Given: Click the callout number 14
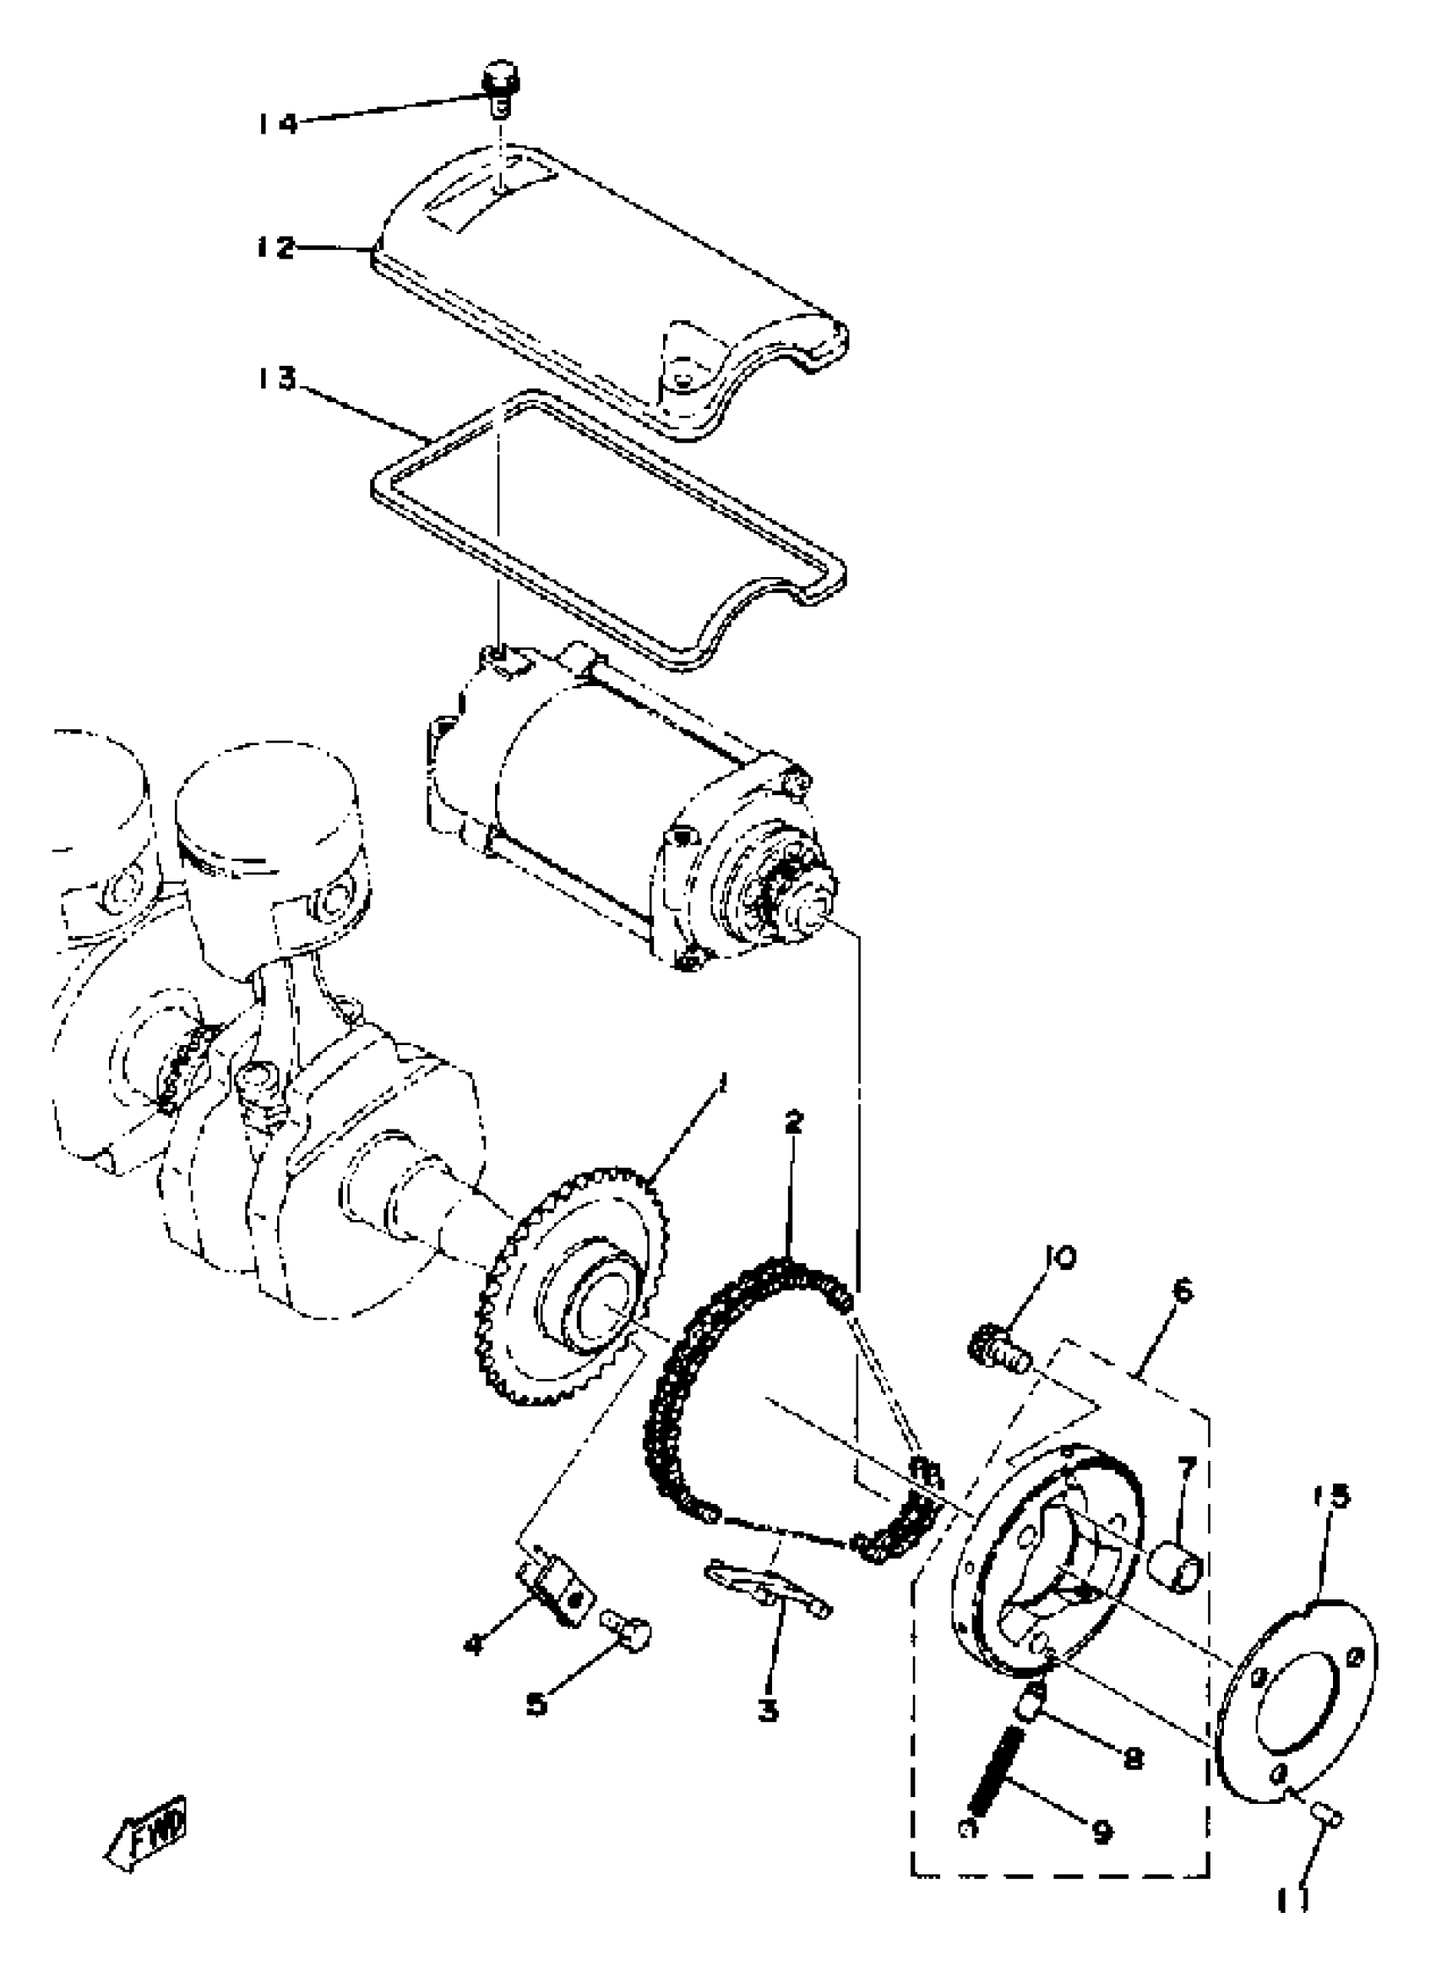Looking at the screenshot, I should (x=276, y=123).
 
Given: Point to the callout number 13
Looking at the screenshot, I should (x=276, y=380).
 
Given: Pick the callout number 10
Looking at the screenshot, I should (x=1060, y=1258).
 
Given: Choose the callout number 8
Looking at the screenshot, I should (x=1133, y=1758).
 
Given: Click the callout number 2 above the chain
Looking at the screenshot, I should (x=792, y=1122).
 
